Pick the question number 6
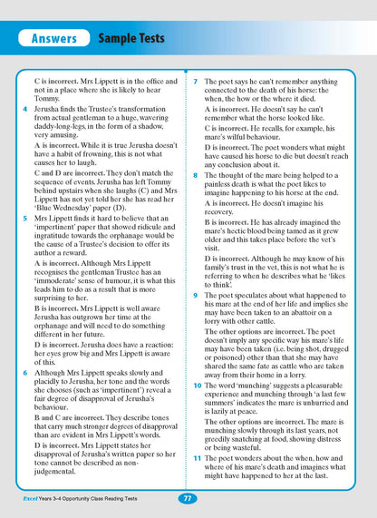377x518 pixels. [26, 371]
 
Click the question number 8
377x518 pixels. [197, 174]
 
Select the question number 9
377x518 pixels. [197, 295]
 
